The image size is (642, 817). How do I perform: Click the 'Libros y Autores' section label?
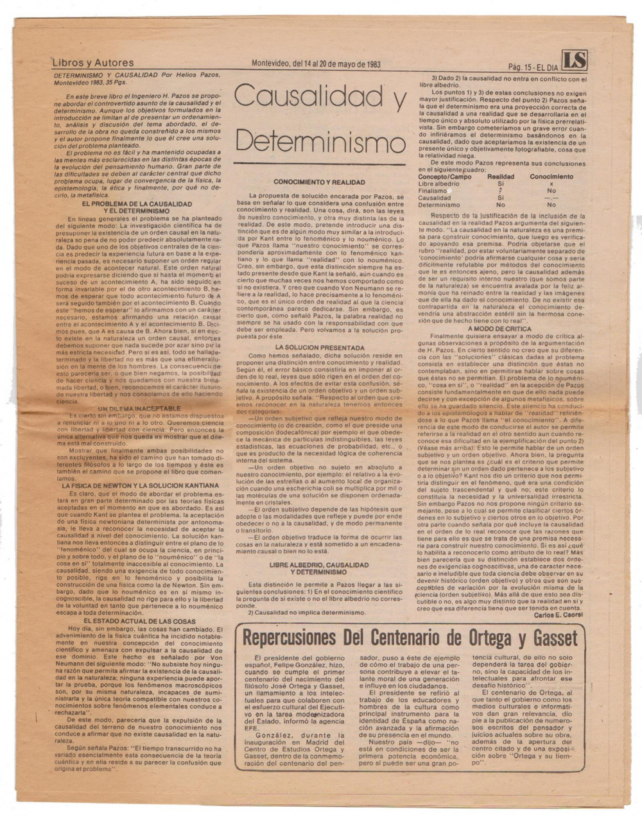tap(93, 63)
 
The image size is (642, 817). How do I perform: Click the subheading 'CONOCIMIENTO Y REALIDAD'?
tap(319, 182)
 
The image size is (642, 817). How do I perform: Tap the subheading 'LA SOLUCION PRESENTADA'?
tap(319, 347)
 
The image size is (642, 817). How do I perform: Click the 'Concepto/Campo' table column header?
tap(445, 176)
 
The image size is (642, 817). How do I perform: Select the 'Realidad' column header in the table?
tap(501, 176)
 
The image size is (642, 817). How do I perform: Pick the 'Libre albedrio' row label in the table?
tap(438, 184)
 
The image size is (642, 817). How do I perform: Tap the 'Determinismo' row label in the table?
tap(439, 205)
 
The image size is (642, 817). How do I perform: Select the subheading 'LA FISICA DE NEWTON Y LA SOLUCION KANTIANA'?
tap(139, 486)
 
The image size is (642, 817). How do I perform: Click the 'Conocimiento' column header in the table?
tap(551, 176)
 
